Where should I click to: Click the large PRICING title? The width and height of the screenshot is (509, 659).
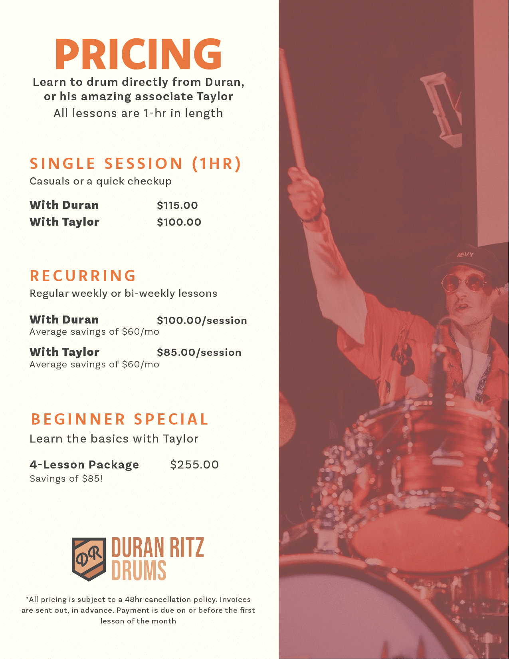(138, 54)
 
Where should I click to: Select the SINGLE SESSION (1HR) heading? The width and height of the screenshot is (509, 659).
(135, 163)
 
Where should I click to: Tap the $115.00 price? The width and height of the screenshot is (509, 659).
(177, 205)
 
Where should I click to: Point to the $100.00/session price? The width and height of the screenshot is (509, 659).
(202, 320)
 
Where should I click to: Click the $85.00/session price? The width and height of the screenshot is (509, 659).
(199, 352)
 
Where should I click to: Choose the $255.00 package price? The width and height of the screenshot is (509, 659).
(194, 464)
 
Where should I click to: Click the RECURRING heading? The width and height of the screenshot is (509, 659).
(83, 276)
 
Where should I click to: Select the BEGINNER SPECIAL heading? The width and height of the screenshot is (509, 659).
(120, 419)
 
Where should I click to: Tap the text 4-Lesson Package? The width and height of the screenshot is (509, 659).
(84, 464)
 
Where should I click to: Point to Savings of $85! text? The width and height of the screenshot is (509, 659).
(66, 478)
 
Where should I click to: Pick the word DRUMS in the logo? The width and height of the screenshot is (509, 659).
(139, 570)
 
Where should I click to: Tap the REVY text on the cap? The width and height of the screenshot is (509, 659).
(465, 255)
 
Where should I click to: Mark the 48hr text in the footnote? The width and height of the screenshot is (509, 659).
(133, 599)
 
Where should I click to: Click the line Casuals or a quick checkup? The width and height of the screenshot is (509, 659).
(101, 181)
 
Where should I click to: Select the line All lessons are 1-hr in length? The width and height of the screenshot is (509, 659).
(138, 113)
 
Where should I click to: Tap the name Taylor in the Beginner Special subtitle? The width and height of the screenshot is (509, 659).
(180, 439)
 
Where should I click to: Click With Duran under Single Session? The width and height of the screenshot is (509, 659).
(64, 205)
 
